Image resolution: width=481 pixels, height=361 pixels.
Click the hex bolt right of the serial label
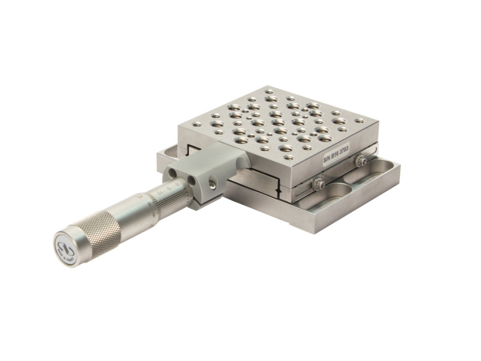tap(361, 161)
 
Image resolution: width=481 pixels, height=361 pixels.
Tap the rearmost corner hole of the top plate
tap(269, 91)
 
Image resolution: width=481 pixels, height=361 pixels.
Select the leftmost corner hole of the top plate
tap(197, 125)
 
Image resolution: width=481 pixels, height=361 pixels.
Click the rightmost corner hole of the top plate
tap(359, 121)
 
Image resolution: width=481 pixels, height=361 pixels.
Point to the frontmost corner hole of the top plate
tap(289, 157)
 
